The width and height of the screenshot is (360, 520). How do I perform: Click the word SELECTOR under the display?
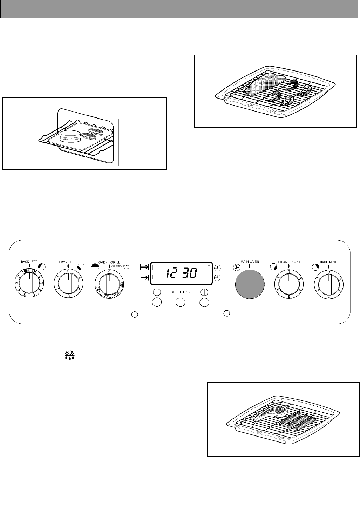(x=180, y=292)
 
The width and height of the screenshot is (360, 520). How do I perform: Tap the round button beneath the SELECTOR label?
(x=180, y=302)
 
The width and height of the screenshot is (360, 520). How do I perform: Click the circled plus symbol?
(x=204, y=292)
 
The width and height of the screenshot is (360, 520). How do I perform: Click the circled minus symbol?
(x=157, y=292)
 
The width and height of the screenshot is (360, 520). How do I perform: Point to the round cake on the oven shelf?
(x=70, y=136)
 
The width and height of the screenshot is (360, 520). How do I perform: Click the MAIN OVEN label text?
(x=249, y=262)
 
